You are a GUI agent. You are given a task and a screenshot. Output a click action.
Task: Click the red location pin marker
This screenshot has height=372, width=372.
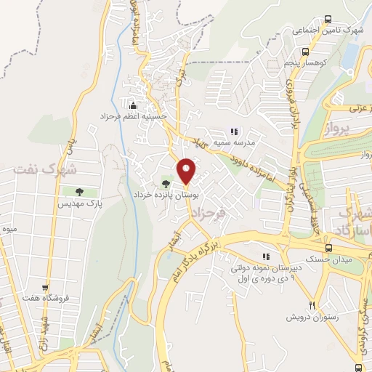point(187,171)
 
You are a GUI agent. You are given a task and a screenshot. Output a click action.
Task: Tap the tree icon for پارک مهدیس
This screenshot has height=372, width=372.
point(78,193)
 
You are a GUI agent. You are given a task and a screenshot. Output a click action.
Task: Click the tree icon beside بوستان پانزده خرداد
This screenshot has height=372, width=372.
point(166,184)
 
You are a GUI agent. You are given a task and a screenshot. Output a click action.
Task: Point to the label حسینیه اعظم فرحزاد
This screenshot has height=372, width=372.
point(134,116)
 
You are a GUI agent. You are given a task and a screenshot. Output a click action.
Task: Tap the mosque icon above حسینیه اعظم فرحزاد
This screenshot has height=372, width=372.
point(133,104)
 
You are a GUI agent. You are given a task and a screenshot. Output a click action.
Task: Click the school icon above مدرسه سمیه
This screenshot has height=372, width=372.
point(234,132)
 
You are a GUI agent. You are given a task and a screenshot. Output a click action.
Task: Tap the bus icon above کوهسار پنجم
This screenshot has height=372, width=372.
point(305,52)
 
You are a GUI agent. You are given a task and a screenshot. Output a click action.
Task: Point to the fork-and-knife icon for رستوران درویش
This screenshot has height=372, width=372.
point(312,305)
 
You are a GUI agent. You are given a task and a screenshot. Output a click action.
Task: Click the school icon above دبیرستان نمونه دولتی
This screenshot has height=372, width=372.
point(266,256)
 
